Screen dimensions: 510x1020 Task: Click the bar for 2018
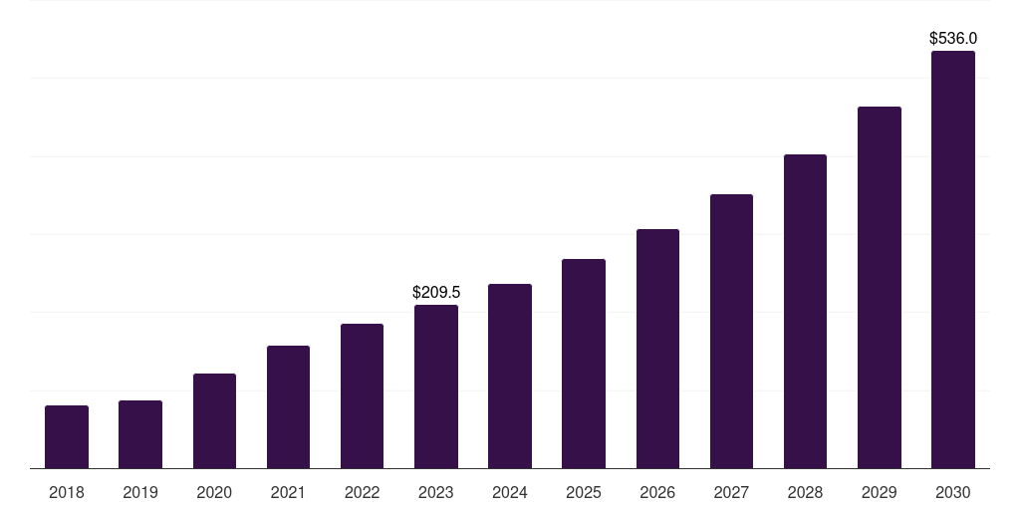tap(67, 436)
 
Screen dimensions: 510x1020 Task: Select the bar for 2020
tap(214, 420)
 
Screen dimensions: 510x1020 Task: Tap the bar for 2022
tap(362, 395)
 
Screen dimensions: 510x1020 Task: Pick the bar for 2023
tap(436, 386)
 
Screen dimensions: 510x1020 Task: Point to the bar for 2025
tap(584, 364)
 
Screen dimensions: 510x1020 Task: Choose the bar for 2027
tap(731, 331)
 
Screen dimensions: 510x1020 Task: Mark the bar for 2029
tap(880, 287)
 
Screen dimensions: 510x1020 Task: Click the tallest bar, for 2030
tap(953, 259)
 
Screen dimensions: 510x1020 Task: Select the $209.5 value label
tap(436, 293)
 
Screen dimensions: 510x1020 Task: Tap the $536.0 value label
tap(953, 39)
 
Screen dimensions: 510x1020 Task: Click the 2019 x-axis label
tap(140, 492)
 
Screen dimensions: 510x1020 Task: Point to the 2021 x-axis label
tap(288, 492)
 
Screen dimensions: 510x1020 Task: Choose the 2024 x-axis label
tap(510, 492)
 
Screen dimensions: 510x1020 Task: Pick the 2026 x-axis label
tap(657, 492)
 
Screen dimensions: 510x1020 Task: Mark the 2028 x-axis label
tap(805, 492)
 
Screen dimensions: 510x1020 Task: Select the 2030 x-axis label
tap(953, 492)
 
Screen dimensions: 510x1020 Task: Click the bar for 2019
tap(140, 434)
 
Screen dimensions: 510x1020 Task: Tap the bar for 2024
tap(510, 376)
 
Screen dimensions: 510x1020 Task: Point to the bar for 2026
tap(657, 349)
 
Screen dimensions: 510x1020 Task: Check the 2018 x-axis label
tap(67, 492)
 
